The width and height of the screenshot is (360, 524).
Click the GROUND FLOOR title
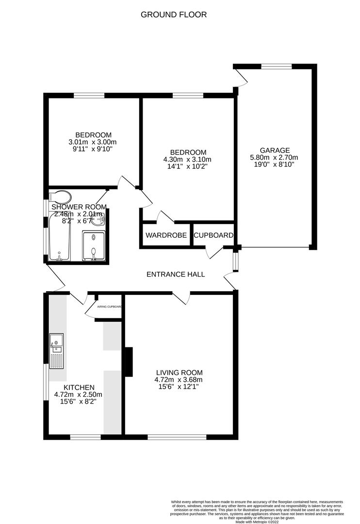(x=174, y=15)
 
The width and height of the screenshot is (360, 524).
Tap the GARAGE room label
(x=275, y=150)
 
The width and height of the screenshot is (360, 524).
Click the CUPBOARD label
(x=213, y=235)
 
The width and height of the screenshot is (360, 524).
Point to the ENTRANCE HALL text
(x=176, y=274)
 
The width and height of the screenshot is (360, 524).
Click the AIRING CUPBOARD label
(x=109, y=307)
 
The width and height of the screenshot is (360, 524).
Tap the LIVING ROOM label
(x=179, y=373)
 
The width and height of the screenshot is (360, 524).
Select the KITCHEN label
(x=79, y=387)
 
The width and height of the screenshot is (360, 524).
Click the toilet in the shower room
(x=60, y=197)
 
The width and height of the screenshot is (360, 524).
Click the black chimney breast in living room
(x=129, y=362)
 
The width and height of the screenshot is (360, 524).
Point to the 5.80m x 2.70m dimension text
(x=275, y=157)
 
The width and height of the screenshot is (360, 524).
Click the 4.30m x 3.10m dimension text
(x=188, y=159)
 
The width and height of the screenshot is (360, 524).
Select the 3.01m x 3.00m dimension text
(x=93, y=142)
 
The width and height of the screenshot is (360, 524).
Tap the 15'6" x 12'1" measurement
(x=179, y=387)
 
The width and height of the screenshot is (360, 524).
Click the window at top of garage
(x=277, y=66)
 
